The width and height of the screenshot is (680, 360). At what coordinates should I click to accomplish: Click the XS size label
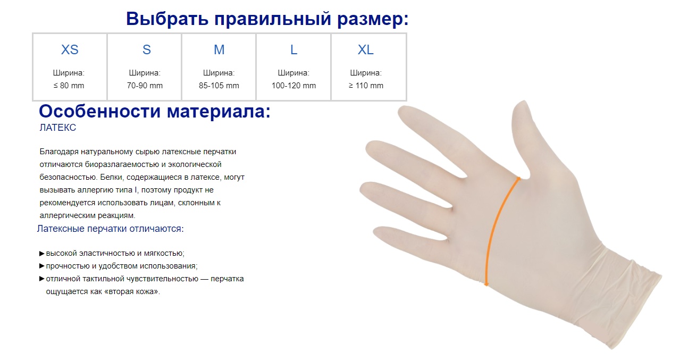(70, 49)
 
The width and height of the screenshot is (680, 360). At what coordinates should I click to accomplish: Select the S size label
(147, 49)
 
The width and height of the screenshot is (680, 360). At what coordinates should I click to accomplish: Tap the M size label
(219, 49)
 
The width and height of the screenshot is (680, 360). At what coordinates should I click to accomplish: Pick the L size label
(293, 49)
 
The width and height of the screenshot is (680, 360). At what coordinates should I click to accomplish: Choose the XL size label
(365, 49)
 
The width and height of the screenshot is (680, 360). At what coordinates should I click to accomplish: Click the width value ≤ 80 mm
(69, 86)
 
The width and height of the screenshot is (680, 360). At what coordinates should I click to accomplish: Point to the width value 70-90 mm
(145, 86)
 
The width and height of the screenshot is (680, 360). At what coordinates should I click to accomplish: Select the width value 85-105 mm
(219, 86)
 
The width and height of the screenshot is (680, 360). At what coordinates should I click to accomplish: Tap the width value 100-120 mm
(293, 86)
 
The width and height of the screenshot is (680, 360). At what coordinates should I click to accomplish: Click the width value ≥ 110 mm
(366, 86)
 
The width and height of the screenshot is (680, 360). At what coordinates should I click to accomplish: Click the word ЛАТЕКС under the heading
(57, 128)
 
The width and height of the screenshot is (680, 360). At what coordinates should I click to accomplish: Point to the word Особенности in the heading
(99, 111)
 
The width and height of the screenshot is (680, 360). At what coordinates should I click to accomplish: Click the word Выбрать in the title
(167, 19)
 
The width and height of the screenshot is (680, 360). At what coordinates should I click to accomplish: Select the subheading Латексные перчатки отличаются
(110, 229)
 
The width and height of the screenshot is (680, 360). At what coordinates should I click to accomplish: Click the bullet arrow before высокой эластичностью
(42, 254)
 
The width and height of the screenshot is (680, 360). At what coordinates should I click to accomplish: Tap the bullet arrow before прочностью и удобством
(42, 266)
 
